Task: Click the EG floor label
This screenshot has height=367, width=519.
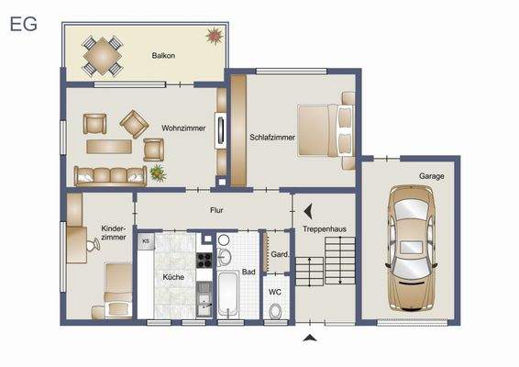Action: (24, 25)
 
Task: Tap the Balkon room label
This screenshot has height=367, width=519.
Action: (164, 55)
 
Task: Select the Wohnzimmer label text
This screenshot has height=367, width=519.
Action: (183, 128)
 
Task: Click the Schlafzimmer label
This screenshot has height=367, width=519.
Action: (272, 139)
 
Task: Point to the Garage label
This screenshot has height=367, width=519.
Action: (433, 175)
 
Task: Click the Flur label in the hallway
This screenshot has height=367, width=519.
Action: (216, 210)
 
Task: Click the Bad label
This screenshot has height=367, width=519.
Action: (248, 272)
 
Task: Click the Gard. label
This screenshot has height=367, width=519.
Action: (280, 254)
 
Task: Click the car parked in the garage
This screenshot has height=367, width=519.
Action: (408, 248)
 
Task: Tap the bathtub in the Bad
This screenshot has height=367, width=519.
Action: (228, 294)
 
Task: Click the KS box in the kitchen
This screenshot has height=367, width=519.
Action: (145, 241)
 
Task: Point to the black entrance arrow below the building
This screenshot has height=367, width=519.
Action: (310, 339)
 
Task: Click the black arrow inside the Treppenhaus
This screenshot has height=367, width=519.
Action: (309, 210)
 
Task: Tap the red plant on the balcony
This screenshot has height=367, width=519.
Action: (215, 36)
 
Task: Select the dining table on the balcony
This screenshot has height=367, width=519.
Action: (102, 55)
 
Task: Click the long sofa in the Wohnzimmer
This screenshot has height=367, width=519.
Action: (110, 174)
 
